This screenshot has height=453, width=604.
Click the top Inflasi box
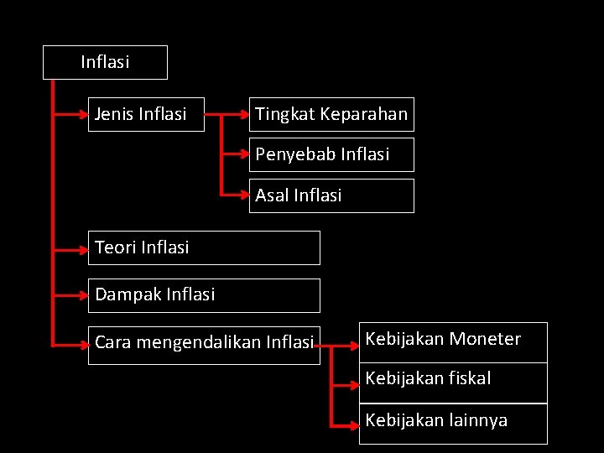[105, 62]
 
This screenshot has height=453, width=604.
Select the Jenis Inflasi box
[146, 114]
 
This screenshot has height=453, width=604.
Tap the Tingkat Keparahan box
[331, 114]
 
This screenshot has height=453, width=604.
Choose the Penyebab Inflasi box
[331, 154]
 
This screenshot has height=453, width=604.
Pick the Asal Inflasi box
[331, 195]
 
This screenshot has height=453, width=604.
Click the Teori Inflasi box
[204, 247]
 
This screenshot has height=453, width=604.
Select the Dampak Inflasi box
[204, 294]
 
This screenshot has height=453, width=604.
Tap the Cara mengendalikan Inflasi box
[204, 342]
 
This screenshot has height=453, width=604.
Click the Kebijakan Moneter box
[453, 342]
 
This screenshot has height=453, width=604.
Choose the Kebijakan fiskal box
[453, 383]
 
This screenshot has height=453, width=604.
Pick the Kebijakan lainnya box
[453, 424]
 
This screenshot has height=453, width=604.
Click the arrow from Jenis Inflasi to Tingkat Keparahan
[226, 114]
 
